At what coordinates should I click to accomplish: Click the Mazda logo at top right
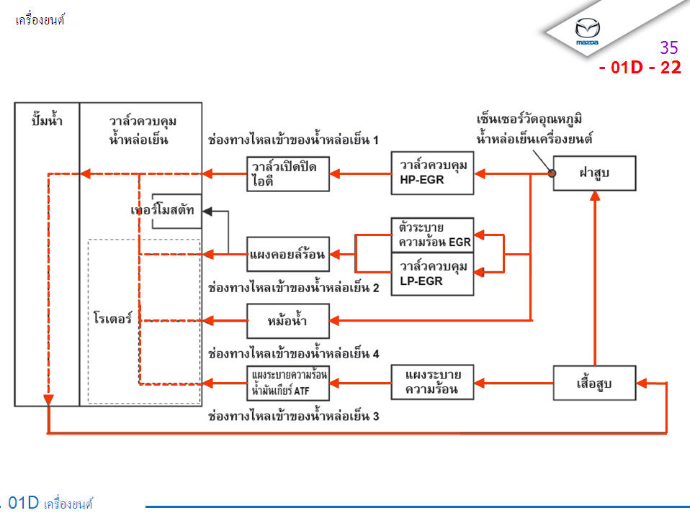click(x=588, y=31)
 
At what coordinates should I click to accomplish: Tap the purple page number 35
click(x=669, y=48)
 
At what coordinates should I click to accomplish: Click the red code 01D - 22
click(x=639, y=68)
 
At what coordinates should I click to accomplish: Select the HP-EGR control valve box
click(x=432, y=173)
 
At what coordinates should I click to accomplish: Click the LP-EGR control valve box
click(x=432, y=274)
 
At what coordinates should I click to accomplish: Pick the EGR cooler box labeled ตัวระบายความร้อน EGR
click(x=432, y=235)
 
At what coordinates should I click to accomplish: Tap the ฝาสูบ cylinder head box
click(x=594, y=173)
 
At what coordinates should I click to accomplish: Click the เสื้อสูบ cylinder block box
click(x=594, y=383)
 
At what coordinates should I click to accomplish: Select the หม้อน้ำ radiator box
click(x=288, y=321)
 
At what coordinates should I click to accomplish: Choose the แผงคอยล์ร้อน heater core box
click(x=288, y=255)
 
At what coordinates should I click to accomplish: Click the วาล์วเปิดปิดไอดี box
click(x=288, y=173)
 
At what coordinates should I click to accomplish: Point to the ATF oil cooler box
click(x=288, y=383)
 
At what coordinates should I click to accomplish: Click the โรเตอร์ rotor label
click(x=113, y=317)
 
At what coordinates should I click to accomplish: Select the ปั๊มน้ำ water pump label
click(x=48, y=121)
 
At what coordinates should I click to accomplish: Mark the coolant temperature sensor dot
click(x=552, y=173)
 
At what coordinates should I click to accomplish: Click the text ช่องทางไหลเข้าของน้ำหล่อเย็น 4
click(x=293, y=354)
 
